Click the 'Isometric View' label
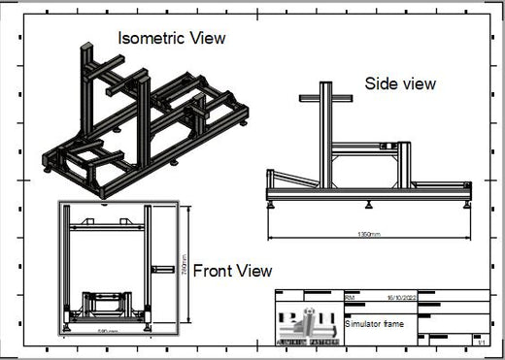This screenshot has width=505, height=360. click(x=171, y=39)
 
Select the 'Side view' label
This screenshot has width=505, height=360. click(x=400, y=84)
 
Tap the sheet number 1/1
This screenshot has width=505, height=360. click(x=480, y=341)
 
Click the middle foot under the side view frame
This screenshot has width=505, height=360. click(x=370, y=206)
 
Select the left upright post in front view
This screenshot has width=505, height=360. click(x=66, y=262)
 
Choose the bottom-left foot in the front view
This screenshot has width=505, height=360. click(x=67, y=326)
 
